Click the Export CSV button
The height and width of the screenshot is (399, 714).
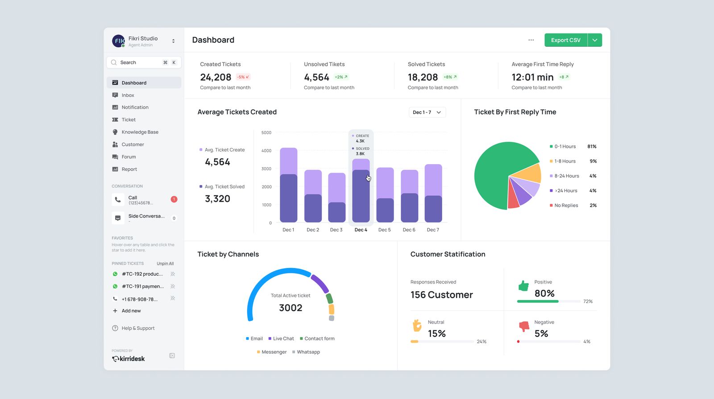pos(565,40)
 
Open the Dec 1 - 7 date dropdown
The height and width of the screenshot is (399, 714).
pos(427,112)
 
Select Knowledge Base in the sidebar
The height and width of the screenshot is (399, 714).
pos(140,132)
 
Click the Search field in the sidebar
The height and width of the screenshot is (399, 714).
pos(138,62)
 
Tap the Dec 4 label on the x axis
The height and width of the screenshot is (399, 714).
pos(361,230)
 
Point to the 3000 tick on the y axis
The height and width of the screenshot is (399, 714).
pos(266,169)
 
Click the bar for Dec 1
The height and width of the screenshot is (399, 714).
pos(288,187)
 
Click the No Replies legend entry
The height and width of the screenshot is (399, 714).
pos(566,206)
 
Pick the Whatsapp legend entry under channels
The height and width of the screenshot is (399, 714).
pos(308,352)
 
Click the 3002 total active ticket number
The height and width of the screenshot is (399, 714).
pos(291,308)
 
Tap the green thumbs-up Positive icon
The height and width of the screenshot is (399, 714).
pos(523,286)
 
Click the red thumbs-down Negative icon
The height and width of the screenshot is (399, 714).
pos(524,326)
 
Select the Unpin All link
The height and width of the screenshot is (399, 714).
pos(165,263)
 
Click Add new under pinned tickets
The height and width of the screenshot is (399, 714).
pos(131,311)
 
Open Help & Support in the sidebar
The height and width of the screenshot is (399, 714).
pos(138,328)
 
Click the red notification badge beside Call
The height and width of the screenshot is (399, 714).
pos(174,199)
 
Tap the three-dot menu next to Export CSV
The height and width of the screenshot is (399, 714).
pos(531,40)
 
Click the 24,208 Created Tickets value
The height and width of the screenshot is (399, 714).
pos(216,78)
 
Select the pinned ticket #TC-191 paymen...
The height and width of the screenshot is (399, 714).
pos(142,287)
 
